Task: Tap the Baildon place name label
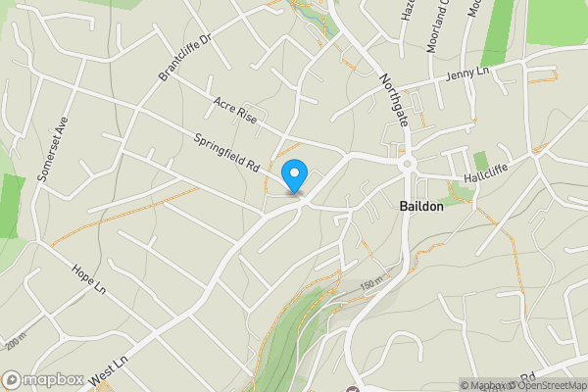point(422,208)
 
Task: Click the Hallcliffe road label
point(487,173)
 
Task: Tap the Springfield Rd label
point(226,150)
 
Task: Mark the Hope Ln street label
point(88,279)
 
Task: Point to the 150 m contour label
point(372,283)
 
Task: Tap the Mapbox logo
point(43,379)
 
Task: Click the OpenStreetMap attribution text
point(545,386)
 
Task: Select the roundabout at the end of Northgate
point(406,164)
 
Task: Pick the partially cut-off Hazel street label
point(407,9)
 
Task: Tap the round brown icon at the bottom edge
point(353,389)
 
